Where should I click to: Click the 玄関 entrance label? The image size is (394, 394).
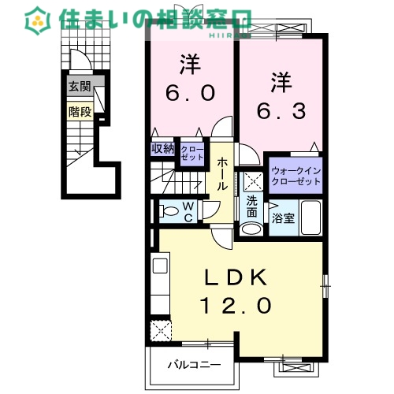tap(80, 86)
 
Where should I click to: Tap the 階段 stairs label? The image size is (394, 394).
tap(80, 112)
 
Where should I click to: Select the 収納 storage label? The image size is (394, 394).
tap(163, 149)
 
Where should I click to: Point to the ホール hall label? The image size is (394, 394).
tap(222, 174)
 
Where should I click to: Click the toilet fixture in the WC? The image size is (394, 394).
tap(168, 211)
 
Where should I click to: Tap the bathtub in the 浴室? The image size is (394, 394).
tap(310, 217)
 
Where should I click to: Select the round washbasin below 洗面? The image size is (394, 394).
tap(252, 229)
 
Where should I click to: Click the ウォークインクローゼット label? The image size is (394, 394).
tap(296, 177)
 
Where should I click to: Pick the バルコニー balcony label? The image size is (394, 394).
tap(195, 365)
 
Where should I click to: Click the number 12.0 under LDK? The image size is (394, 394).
tap(236, 306)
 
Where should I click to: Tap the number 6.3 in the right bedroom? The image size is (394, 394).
tap(281, 111)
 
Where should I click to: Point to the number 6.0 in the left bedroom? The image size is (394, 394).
tap(191, 93)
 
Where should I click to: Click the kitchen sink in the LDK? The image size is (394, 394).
tap(160, 266)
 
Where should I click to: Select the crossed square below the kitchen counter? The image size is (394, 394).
tap(161, 331)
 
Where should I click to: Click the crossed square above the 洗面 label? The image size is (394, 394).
tap(253, 182)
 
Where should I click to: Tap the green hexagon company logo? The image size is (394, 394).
tap(38, 20)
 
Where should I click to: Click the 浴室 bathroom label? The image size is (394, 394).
tap(283, 218)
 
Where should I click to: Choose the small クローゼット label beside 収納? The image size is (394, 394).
tap(192, 154)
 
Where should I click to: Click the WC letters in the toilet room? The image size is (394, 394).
tap(188, 212)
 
